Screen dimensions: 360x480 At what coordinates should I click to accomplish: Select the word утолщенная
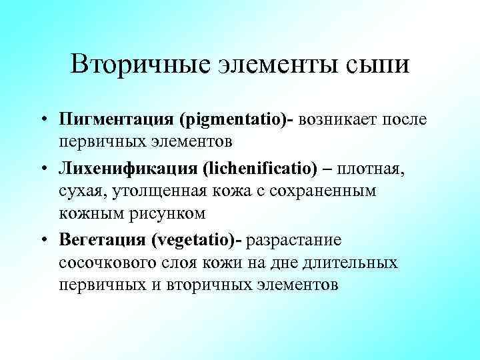point(177,191)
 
